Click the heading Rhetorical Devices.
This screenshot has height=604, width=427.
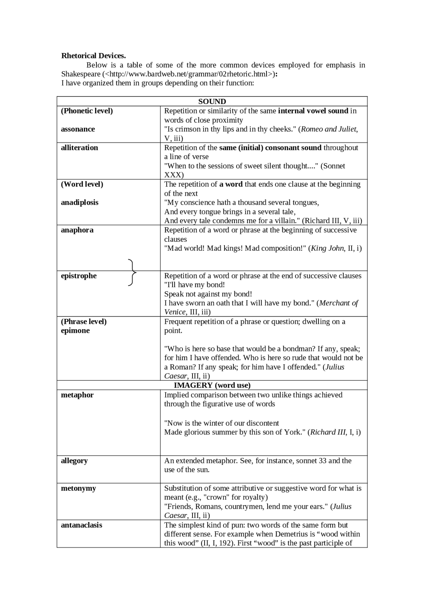coord(93,56)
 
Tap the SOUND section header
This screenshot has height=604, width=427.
coord(212,101)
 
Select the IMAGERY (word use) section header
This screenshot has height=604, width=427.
coord(212,385)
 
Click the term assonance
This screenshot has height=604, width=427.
coord(78,129)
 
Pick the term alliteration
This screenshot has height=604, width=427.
coord(79,147)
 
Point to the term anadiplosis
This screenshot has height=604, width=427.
coord(79,202)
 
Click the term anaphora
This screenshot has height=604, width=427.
coord(77,230)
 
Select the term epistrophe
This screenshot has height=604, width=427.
coord(79,276)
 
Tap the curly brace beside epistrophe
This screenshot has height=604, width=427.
coord(132,272)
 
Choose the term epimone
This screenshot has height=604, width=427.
coord(75,331)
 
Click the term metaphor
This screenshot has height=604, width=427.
coord(77,395)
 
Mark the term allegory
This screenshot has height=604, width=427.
coord(74,461)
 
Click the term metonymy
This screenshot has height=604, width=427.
coord(78,488)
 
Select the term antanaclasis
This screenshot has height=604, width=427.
coord(81,525)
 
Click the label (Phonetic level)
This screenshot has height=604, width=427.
coord(87,111)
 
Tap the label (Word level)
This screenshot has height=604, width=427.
coord(82,184)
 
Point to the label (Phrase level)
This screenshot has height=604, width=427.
coord(84,322)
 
